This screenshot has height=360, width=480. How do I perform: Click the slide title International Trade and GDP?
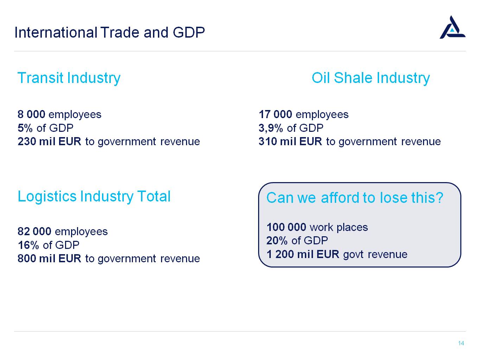pyautogui.click(x=110, y=32)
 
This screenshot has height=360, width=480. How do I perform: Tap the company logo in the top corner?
pyautogui.click(x=452, y=27)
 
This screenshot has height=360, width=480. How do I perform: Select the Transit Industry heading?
pyautogui.click(x=69, y=78)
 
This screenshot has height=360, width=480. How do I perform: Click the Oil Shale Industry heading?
pyautogui.click(x=371, y=78)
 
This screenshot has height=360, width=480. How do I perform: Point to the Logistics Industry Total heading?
pyautogui.click(x=94, y=197)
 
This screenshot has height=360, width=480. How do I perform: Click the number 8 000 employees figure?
pyautogui.click(x=32, y=114)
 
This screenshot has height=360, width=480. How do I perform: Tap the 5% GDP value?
pyautogui.click(x=25, y=128)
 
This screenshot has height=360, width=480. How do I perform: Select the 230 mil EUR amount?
pyautogui.click(x=50, y=141)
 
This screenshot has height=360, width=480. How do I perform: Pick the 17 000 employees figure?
pyautogui.click(x=275, y=114)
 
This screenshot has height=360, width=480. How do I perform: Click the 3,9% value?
pyautogui.click(x=271, y=128)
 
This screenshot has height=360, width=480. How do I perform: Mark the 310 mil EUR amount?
pyautogui.click(x=290, y=141)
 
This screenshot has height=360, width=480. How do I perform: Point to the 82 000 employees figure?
pyautogui.click(x=34, y=231)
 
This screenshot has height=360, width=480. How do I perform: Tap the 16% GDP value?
pyautogui.click(x=28, y=245)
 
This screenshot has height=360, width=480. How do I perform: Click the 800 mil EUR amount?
pyautogui.click(x=50, y=258)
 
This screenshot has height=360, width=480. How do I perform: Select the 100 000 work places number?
pyautogui.click(x=286, y=227)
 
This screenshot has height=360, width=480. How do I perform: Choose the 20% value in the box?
pyautogui.click(x=277, y=240)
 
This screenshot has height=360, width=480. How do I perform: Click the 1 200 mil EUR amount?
pyautogui.click(x=303, y=254)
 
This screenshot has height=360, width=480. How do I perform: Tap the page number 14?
pyautogui.click(x=461, y=343)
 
